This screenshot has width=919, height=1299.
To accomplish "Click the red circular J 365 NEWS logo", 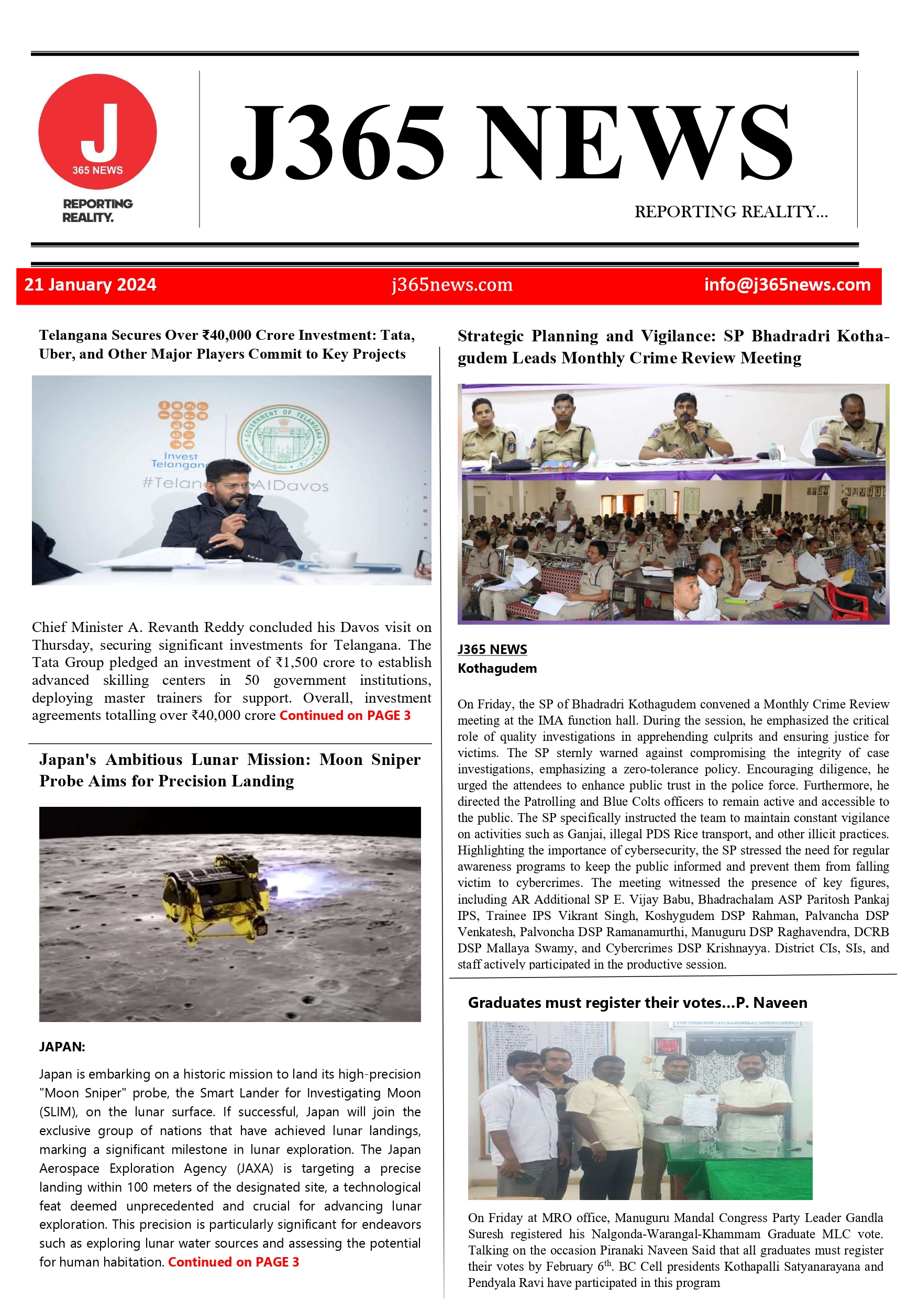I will pyautogui.click(x=97, y=131).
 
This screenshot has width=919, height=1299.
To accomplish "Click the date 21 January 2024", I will pyautogui.click(x=91, y=285).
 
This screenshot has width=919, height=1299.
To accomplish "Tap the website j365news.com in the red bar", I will pyautogui.click(x=451, y=285).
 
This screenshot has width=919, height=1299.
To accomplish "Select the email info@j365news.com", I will pyautogui.click(x=787, y=285).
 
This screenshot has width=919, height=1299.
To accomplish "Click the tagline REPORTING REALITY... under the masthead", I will pyautogui.click(x=730, y=212).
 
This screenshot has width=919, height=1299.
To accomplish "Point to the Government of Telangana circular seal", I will pyautogui.click(x=283, y=438).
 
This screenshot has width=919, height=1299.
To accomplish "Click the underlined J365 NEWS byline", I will pyautogui.click(x=492, y=649).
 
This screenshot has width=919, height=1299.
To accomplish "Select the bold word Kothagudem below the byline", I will pyautogui.click(x=497, y=668).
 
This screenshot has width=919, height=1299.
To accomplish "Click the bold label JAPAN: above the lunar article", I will pyautogui.click(x=62, y=1047).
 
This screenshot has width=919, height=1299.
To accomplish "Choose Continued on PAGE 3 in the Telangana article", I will pyautogui.click(x=345, y=716).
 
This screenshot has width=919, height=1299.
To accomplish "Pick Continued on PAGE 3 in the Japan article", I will pyautogui.click(x=233, y=1262).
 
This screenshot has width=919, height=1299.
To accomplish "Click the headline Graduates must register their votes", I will pyautogui.click(x=637, y=1003).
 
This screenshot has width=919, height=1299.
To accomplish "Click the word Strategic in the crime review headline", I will pyautogui.click(x=491, y=336).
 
